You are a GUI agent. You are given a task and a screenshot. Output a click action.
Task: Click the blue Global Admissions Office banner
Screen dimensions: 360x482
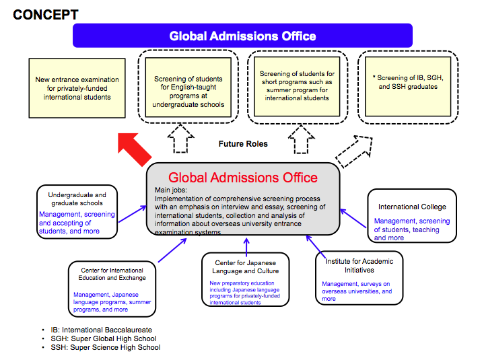click(242, 36)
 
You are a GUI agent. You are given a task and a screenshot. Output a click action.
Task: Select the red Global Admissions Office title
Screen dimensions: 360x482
click(242, 178)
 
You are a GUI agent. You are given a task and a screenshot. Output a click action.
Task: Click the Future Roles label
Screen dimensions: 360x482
click(243, 144)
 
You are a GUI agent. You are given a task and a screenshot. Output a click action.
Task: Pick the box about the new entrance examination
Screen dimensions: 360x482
click(77, 88)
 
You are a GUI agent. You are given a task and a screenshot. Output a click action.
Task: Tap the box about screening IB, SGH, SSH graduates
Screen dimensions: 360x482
click(408, 83)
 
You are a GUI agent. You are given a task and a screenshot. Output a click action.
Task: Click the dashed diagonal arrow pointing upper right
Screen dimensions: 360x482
click(356, 152)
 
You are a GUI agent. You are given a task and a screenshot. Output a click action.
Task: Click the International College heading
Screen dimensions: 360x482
click(412, 207)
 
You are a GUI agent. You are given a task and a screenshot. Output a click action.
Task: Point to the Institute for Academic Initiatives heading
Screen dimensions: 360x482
click(359, 265)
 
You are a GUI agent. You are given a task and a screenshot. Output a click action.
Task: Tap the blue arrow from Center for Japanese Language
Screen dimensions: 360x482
click(246, 243)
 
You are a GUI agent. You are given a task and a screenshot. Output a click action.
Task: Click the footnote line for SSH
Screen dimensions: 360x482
click(105, 347)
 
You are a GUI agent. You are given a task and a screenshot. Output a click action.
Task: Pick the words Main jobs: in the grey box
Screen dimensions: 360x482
click(169, 191)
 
